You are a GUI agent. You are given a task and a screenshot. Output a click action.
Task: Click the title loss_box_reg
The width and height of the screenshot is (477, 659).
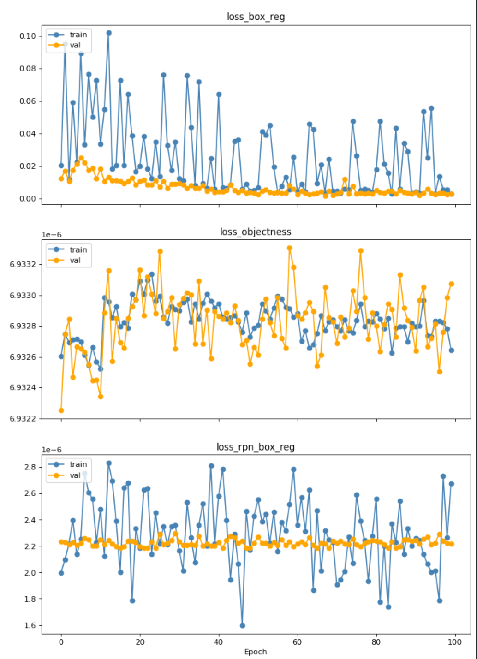click(x=256, y=17)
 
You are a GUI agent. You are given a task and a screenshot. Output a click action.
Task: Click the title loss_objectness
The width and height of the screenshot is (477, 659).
click(x=256, y=232)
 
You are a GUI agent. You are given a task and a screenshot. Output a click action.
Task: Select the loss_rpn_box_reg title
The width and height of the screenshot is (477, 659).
click(x=256, y=447)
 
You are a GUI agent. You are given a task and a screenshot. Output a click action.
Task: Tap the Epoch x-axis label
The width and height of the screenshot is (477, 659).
click(x=255, y=652)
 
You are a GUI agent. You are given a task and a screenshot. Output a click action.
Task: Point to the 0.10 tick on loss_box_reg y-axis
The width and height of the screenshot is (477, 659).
click(x=28, y=36)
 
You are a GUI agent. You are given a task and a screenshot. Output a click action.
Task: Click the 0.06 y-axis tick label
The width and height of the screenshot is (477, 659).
click(x=28, y=101)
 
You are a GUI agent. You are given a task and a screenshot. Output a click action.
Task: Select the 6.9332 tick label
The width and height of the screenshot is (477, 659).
click(x=23, y=265)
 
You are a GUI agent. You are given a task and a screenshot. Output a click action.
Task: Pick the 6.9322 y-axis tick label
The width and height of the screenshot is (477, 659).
click(x=23, y=419)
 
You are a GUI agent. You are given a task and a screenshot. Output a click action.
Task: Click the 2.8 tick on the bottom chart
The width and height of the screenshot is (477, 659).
click(x=30, y=467)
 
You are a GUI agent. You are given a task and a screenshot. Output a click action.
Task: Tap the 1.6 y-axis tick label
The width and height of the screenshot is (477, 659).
click(x=30, y=626)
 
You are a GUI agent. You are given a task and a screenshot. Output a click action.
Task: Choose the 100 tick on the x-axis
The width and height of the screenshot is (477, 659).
click(x=455, y=642)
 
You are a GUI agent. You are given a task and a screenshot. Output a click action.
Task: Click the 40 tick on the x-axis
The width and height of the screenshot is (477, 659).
click(x=219, y=642)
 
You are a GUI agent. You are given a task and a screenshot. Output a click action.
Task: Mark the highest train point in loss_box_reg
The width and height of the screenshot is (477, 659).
click(x=109, y=33)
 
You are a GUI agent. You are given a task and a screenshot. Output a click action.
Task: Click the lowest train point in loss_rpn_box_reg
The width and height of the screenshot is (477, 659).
click(x=242, y=626)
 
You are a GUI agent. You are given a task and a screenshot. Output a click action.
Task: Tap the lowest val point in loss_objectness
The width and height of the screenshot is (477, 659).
click(x=61, y=410)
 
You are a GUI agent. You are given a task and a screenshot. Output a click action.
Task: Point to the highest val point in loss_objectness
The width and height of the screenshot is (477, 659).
click(x=290, y=248)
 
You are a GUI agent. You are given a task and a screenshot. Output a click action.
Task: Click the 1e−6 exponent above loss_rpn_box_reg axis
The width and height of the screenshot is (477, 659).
click(x=51, y=450)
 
